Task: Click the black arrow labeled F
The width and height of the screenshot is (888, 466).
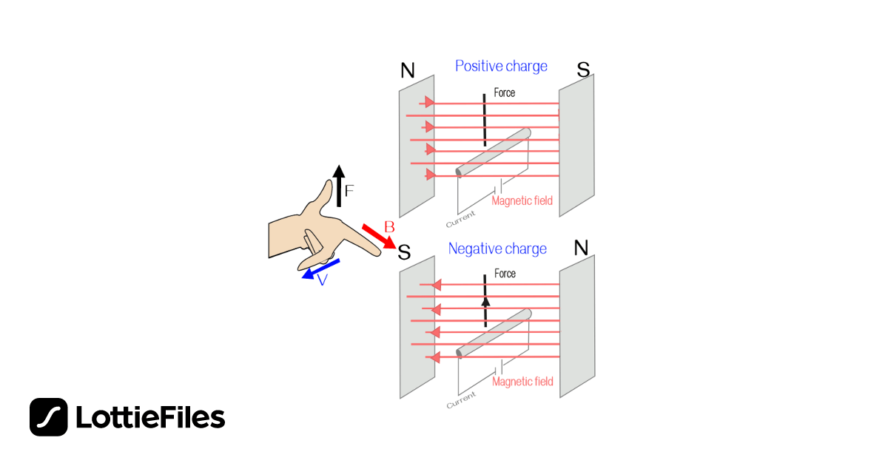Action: point(338,186)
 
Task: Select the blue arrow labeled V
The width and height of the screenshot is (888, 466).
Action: point(321,269)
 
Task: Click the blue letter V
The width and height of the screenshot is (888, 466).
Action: point(323,281)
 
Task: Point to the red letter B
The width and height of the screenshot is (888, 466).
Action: point(388,226)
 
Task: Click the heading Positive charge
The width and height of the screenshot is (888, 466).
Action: point(501,66)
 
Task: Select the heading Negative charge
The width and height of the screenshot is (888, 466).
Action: point(497,249)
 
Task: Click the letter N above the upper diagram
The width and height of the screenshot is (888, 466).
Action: point(408,70)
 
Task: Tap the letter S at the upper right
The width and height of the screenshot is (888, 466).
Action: point(583,70)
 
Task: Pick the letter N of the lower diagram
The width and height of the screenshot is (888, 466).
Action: point(582,248)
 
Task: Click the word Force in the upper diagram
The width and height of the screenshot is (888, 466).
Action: point(504,93)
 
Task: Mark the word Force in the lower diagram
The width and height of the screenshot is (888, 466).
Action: point(505,274)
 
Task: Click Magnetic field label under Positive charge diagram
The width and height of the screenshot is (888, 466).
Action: point(522,200)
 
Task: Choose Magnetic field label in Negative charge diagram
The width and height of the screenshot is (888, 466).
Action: point(522,382)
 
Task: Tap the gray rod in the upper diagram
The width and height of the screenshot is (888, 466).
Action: point(494,153)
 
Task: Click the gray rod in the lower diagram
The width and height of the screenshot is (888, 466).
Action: point(494,333)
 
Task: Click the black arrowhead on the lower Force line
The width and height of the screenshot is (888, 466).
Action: point(485,302)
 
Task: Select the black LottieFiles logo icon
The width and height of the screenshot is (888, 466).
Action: point(49,417)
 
